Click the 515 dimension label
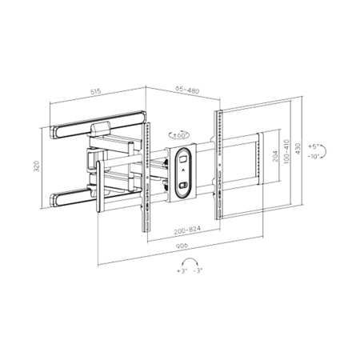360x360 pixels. (95, 92)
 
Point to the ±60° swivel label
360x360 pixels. (180, 136)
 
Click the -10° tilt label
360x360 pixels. (315, 157)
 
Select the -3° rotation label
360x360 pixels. (196, 272)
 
